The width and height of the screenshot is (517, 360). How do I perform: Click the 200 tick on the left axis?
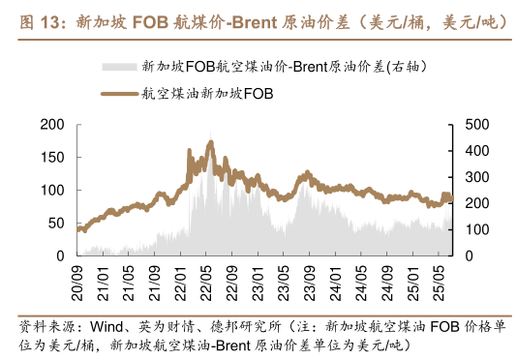click(x=52, y=125)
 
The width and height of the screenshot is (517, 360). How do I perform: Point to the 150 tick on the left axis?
click(x=52, y=158)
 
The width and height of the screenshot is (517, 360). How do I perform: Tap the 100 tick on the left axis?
click(x=52, y=191)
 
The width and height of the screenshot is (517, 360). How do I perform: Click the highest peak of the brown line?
click(x=209, y=142)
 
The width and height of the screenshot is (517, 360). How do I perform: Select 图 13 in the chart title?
click(x=39, y=18)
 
